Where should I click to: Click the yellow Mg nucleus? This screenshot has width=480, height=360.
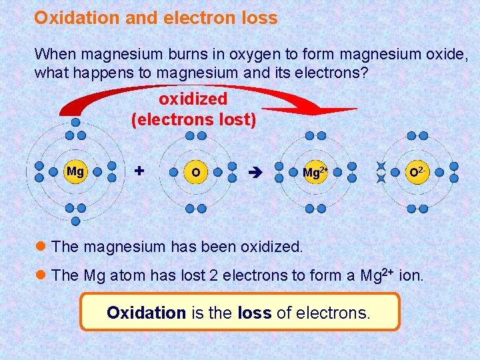75,171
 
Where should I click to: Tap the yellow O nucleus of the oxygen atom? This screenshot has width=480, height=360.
195,173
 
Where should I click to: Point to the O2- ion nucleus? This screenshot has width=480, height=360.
417,173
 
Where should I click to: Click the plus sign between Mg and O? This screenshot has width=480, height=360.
139,171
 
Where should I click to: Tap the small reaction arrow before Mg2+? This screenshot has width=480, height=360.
256,173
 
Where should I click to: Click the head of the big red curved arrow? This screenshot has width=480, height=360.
333,109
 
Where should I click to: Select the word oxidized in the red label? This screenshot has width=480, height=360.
193,99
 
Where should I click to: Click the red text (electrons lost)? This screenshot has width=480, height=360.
193,121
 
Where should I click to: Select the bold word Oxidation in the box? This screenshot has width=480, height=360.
146,312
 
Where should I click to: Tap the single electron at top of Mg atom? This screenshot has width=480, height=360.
75,122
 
